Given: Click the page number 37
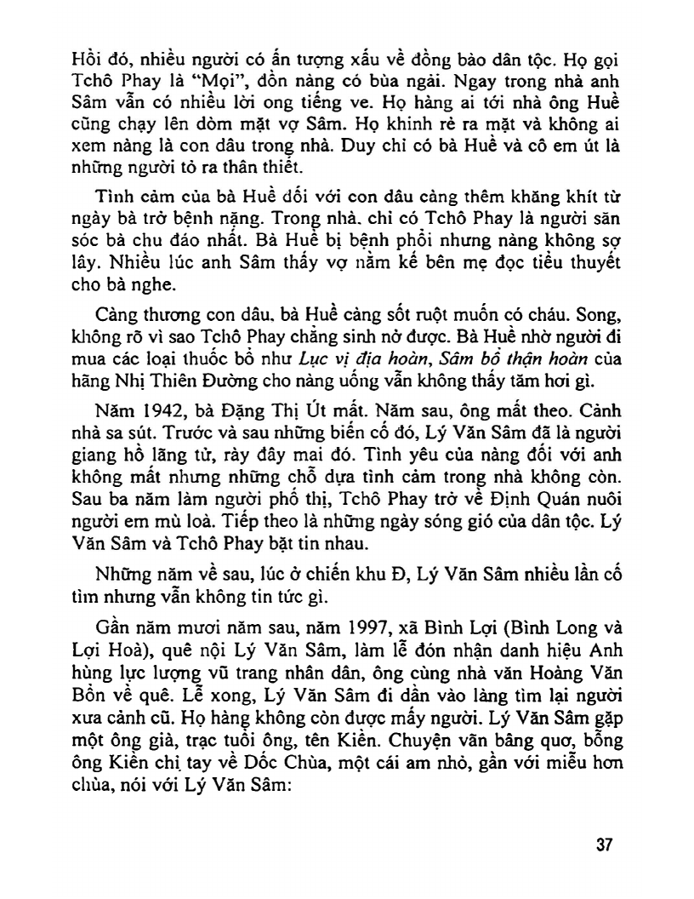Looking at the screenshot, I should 605,846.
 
